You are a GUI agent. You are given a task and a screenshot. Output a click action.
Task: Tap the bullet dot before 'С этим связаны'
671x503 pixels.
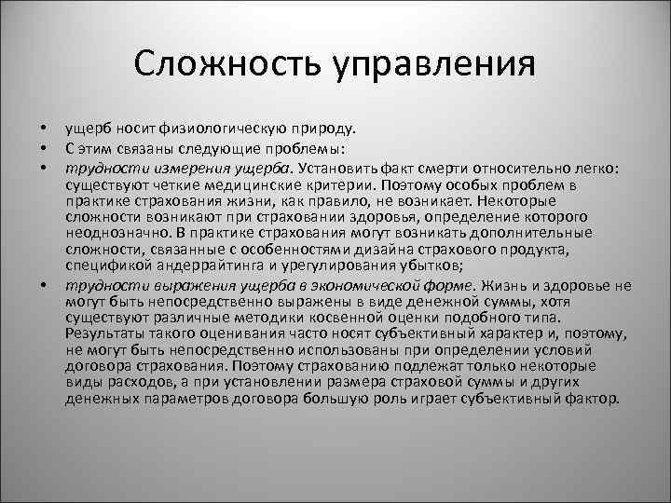pyautogui.click(x=43, y=147)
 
